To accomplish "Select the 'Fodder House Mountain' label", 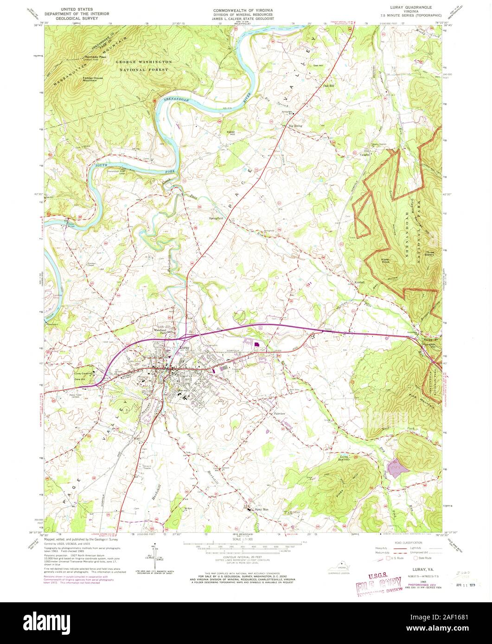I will pyautogui.click(x=90, y=79).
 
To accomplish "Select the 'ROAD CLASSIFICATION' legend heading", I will pyautogui.click(x=409, y=543).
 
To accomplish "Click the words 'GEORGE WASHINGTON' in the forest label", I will pyautogui.click(x=143, y=62).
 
